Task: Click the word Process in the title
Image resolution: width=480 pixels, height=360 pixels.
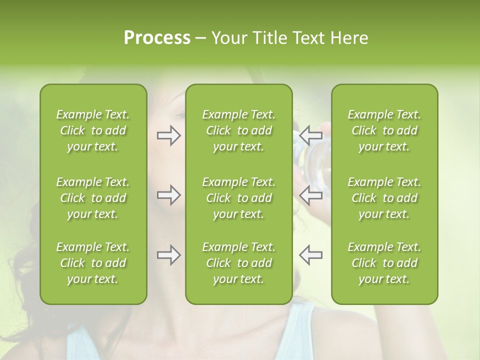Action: (x=157, y=38)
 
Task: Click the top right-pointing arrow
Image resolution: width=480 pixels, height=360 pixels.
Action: (x=168, y=135)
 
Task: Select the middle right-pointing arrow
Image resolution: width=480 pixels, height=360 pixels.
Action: (x=168, y=194)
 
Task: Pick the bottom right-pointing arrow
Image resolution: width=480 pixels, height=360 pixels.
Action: (x=168, y=255)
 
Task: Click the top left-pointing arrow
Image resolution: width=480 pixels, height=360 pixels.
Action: (x=310, y=135)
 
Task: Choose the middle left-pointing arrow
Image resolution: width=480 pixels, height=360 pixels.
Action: (x=310, y=194)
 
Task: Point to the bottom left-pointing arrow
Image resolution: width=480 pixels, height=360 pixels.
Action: (x=310, y=255)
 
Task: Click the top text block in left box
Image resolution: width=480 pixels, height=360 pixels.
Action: (x=93, y=130)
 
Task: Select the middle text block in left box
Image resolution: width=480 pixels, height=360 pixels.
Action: (x=93, y=198)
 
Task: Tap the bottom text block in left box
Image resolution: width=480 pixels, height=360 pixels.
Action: (x=93, y=263)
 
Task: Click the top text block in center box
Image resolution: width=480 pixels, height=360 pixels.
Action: (x=238, y=130)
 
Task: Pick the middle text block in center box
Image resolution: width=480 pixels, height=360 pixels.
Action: (x=238, y=198)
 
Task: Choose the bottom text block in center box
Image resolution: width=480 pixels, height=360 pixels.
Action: (x=238, y=263)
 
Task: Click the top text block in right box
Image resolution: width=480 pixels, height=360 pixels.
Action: (x=384, y=130)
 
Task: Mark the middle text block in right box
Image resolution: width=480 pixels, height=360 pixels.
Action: (x=384, y=198)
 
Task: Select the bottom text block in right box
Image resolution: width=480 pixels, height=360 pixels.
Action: (x=384, y=263)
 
